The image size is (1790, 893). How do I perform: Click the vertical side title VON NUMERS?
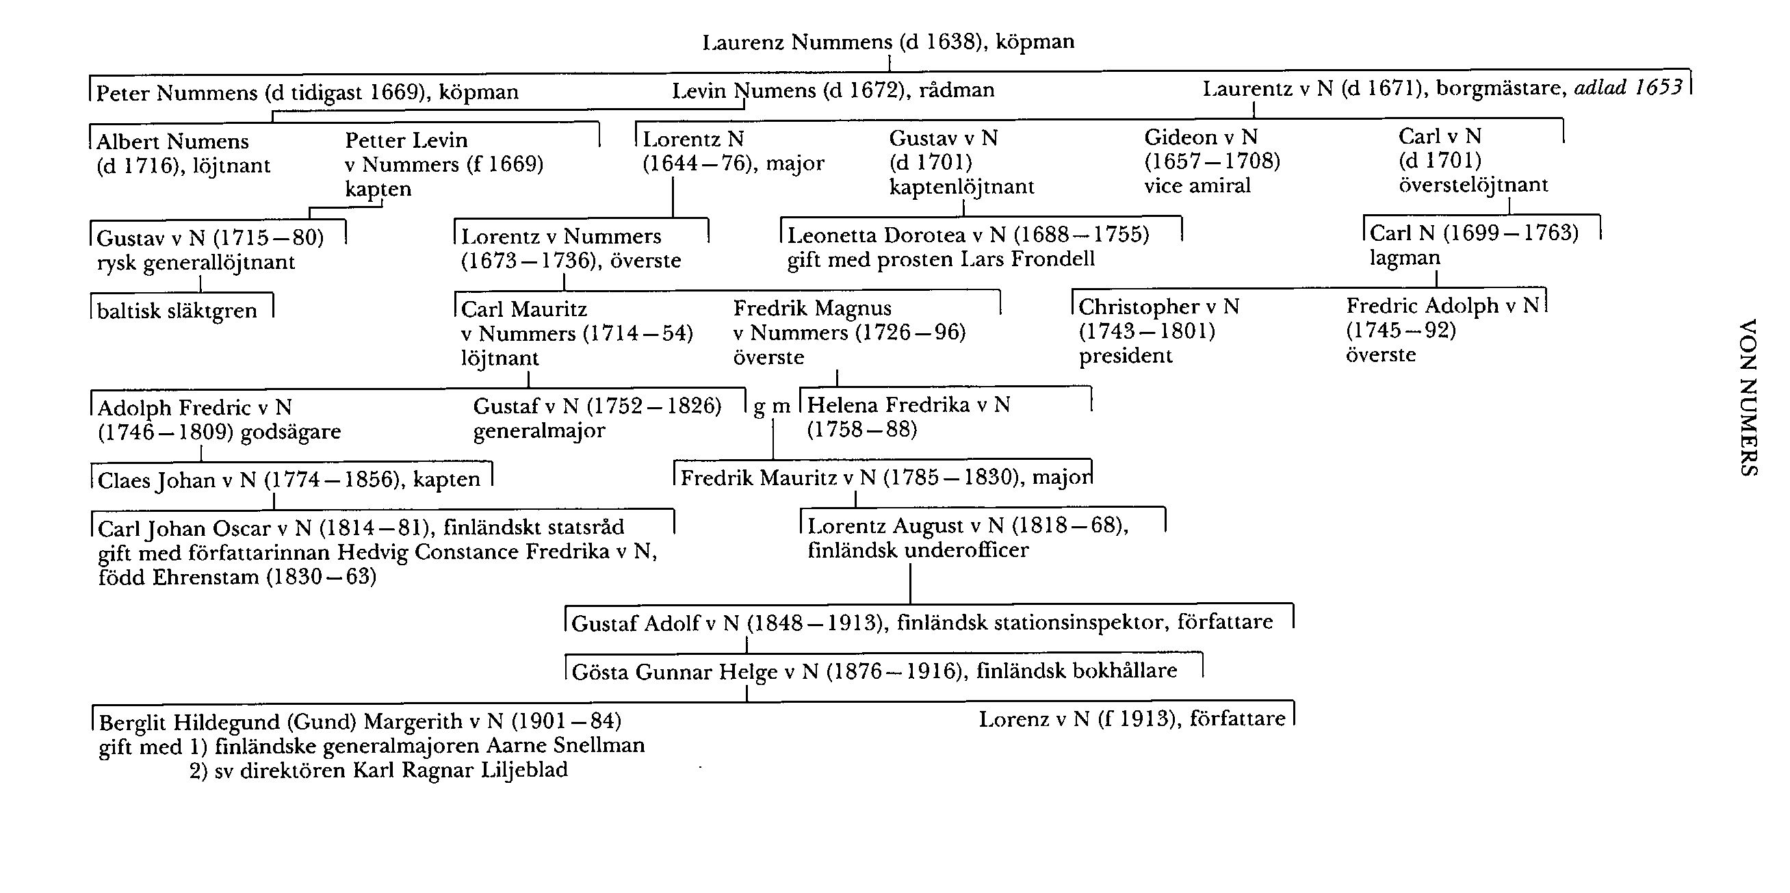1748,398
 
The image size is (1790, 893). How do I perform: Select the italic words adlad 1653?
1628,88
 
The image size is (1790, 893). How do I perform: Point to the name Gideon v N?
1201,137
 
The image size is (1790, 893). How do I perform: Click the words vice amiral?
1197,185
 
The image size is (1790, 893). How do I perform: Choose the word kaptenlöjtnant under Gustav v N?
961,186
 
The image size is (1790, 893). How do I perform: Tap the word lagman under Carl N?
1404,258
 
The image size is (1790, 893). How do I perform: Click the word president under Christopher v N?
1125,356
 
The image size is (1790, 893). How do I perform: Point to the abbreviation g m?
772,407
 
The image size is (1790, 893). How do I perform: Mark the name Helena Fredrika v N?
908,404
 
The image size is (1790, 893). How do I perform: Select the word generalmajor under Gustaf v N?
539,431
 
